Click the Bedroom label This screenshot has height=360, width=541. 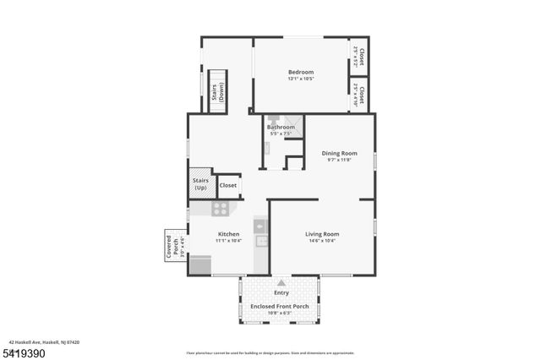[x=300, y=72]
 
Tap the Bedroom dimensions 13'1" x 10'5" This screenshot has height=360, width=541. [x=300, y=79]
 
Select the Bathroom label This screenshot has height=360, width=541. [x=281, y=127]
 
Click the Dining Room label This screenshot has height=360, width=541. [x=339, y=153]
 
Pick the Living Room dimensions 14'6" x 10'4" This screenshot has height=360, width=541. [x=322, y=241]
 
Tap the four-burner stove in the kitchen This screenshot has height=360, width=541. [x=220, y=208]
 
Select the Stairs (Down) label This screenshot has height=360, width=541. [x=218, y=91]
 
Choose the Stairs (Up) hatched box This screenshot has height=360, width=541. [x=200, y=183]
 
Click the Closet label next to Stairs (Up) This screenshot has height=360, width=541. [x=228, y=185]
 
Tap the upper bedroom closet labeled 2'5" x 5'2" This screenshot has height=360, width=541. [x=358, y=56]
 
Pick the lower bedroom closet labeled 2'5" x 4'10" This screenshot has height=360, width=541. [x=358, y=95]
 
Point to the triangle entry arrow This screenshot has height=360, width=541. [x=281, y=283]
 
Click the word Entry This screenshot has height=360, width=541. [x=281, y=292]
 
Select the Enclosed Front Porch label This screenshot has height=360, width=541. [x=281, y=306]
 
